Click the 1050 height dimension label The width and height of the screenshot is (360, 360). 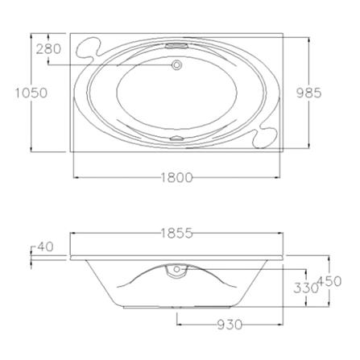31,93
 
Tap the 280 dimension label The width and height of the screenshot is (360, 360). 48,49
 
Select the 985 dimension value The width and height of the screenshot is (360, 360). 308,93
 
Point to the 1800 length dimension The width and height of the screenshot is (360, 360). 176,177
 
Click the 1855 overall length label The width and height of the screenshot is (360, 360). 176,233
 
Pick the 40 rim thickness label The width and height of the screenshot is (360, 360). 45,246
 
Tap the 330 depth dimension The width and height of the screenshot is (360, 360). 305,288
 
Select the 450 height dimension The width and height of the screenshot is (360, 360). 329,281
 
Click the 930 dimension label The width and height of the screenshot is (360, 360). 230,325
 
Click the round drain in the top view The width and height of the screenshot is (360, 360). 176,65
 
